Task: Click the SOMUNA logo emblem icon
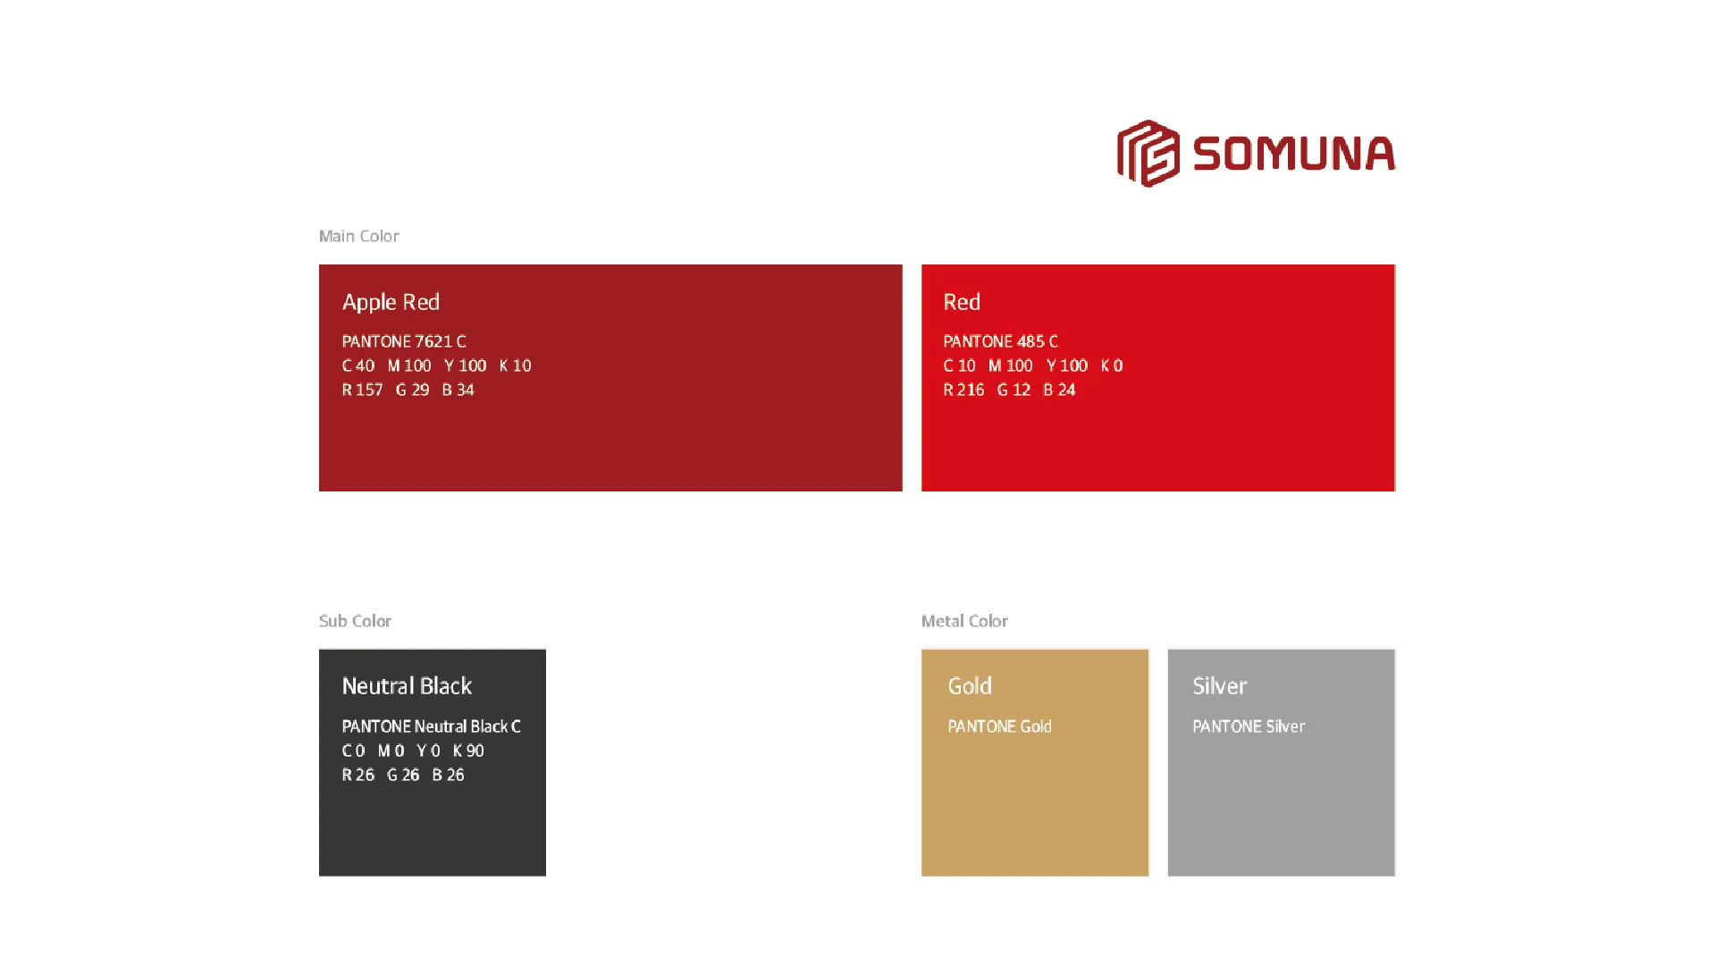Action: coord(1148,154)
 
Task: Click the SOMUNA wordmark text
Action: coord(1294,154)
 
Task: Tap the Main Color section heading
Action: coord(359,236)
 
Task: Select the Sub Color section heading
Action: coord(355,621)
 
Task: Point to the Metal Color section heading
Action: coord(964,621)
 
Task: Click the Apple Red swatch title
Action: coord(391,302)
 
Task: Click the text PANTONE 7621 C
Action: coord(404,341)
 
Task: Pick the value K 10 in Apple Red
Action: coord(515,365)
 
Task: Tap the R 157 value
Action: coord(362,390)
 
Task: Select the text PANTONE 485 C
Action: coord(1001,341)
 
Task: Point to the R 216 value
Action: coord(963,390)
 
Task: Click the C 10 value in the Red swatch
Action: coord(960,365)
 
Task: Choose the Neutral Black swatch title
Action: coord(407,686)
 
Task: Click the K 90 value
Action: coord(468,751)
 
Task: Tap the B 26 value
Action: coord(448,775)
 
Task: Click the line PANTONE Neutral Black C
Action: coord(432,726)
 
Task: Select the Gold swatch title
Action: coord(970,686)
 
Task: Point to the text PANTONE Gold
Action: coord(999,726)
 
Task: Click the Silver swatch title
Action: coord(1219,686)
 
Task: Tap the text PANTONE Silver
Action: coord(1249,726)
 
